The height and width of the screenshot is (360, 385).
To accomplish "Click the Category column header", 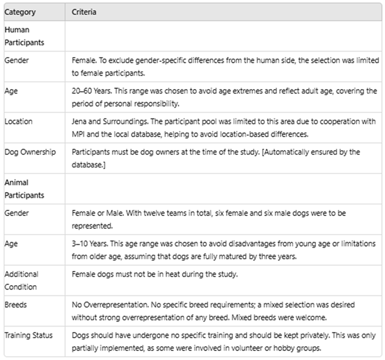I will (x=20, y=12).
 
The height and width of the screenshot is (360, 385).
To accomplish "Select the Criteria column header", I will (x=84, y=12).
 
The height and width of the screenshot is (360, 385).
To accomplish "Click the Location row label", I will (x=18, y=121).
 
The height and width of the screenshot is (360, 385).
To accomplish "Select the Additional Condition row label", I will (x=22, y=279).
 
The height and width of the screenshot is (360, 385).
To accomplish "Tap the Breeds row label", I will (x=16, y=304).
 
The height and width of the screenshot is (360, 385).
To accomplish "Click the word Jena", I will (x=80, y=121).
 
